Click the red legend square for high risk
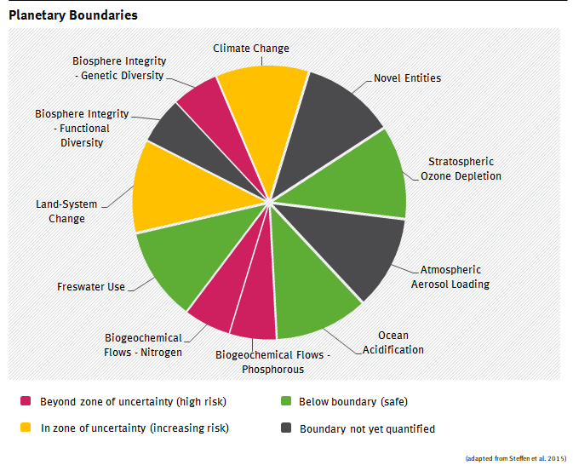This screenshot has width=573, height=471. point(26,401)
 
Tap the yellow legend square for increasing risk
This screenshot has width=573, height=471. point(26,428)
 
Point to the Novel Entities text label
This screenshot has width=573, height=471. point(407,78)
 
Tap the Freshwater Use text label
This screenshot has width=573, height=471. point(91,286)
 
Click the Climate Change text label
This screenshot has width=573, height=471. point(251,49)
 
